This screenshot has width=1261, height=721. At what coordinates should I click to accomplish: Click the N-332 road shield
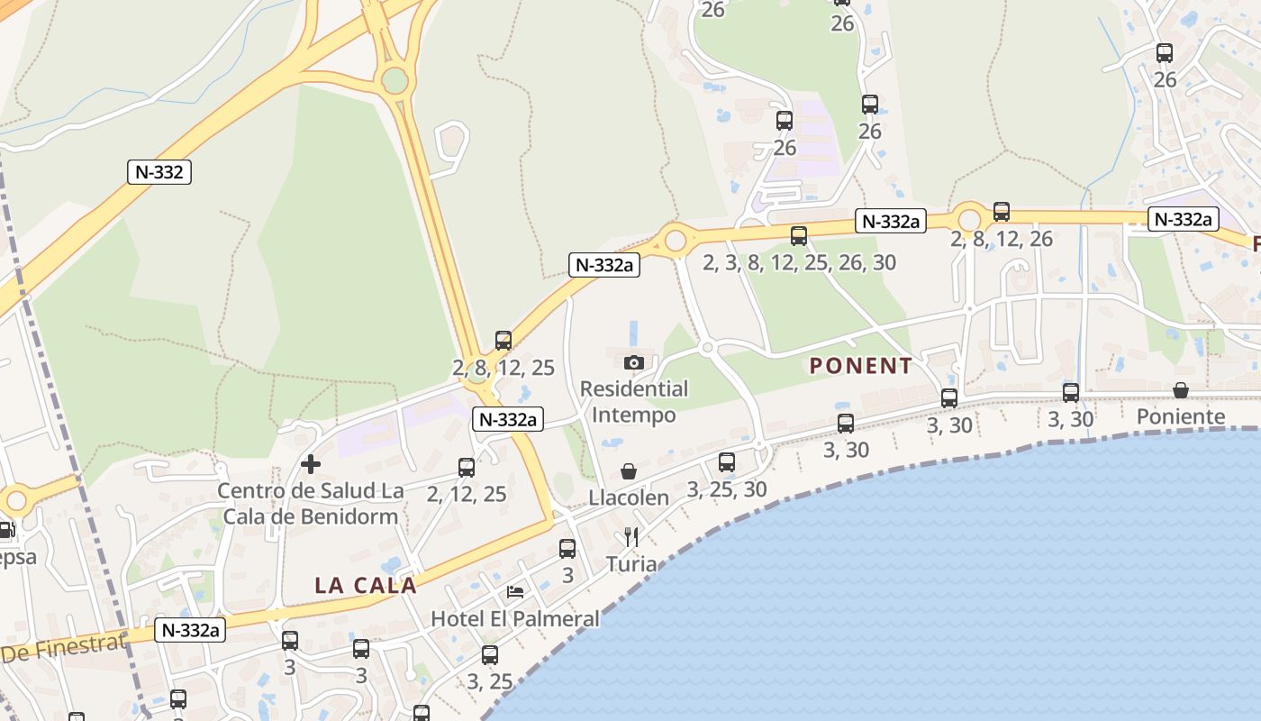coord(159,171)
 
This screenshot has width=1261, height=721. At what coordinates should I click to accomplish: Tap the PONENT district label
coord(861,366)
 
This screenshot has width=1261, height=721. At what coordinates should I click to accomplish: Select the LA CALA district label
coord(365,585)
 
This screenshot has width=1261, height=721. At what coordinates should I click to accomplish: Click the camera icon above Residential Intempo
coord(633,362)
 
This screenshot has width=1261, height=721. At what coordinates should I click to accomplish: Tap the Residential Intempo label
coord(634,402)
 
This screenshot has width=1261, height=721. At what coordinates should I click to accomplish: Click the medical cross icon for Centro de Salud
coord(311,464)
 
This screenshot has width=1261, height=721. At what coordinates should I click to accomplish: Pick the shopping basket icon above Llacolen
coord(629,471)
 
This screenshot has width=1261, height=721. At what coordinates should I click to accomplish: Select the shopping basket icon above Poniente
coord(1180,390)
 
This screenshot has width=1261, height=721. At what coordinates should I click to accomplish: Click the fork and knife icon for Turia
coord(631,537)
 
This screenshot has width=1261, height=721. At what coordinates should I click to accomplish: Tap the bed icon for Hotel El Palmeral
coord(515,591)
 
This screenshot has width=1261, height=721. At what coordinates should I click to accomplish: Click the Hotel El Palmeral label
coord(515,618)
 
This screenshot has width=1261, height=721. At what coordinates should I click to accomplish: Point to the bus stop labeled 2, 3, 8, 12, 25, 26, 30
coord(799,236)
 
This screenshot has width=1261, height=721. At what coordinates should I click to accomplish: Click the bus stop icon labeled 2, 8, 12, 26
coord(1002,212)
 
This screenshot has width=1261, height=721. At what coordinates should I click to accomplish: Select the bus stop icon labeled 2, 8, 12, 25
coord(503,341)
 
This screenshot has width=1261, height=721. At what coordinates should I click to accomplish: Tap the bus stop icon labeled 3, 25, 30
coord(727,462)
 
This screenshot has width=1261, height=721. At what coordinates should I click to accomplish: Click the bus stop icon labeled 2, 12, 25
coord(467,467)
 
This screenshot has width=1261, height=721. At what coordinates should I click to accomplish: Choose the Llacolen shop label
coord(629,497)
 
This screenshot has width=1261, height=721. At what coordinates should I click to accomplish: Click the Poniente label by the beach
coord(1181,416)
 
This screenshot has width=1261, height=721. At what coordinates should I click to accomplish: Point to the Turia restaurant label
coord(631,564)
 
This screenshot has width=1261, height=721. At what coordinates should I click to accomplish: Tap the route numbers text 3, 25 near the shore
coord(490,681)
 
